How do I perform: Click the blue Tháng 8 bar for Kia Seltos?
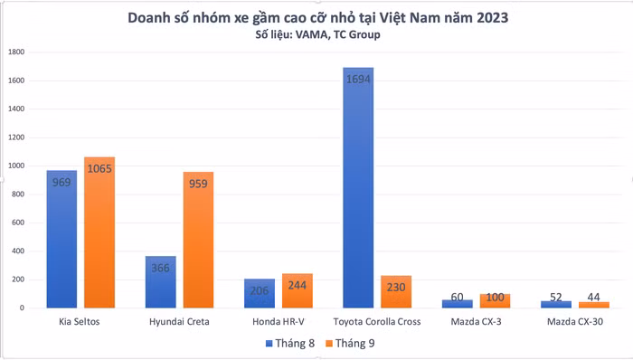pyautogui.click(x=62, y=240)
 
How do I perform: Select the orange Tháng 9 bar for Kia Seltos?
pyautogui.click(x=99, y=233)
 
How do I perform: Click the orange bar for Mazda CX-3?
pyautogui.click(x=494, y=301)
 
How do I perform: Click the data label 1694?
pyautogui.click(x=358, y=80)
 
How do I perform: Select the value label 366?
pyautogui.click(x=161, y=269)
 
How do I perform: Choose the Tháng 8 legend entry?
pyautogui.click(x=288, y=344)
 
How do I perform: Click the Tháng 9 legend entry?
pyautogui.click(x=347, y=344)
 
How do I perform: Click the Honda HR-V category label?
pyautogui.click(x=278, y=322)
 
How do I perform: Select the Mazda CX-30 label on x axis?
pyautogui.click(x=573, y=322)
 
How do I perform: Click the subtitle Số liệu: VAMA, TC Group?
pyautogui.click(x=316, y=34)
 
